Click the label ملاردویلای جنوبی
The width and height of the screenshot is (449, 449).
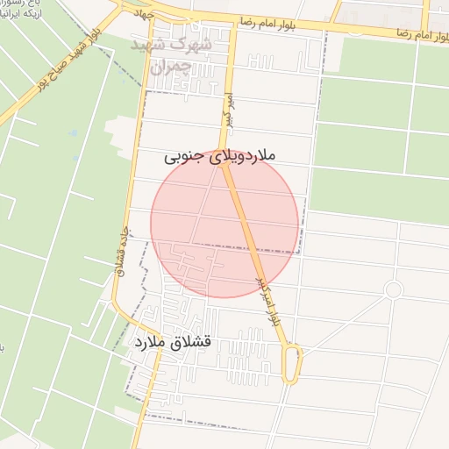(219, 157)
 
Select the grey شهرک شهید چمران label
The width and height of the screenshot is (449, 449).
(172, 53)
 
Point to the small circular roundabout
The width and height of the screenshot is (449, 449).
(394, 289)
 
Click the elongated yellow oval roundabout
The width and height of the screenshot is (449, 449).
(294, 362)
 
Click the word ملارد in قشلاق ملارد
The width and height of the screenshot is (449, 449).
(149, 339)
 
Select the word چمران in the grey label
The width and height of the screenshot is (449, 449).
(170, 66)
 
